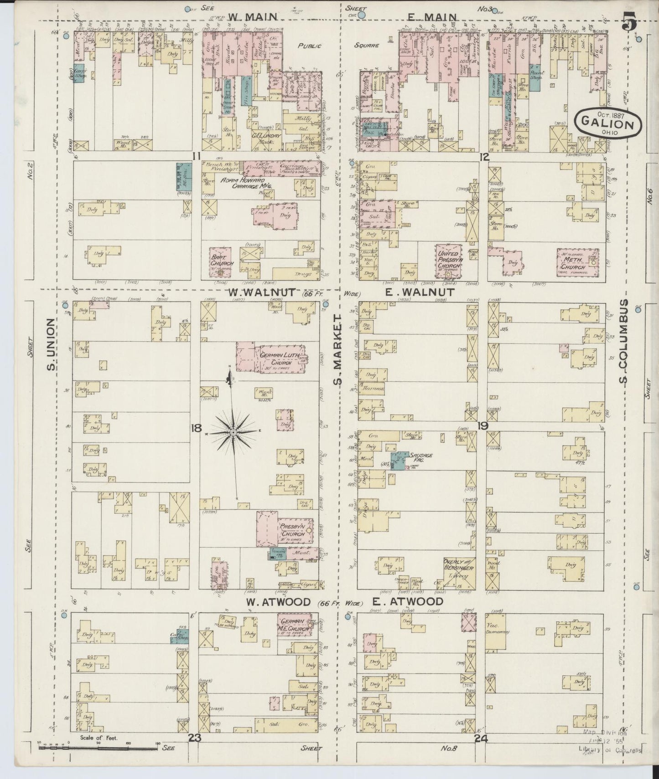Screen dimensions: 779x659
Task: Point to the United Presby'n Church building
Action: (x=449, y=262)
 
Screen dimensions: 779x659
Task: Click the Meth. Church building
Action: (x=577, y=261)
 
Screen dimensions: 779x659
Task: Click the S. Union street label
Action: (x=52, y=345)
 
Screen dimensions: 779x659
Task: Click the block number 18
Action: (x=197, y=428)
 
